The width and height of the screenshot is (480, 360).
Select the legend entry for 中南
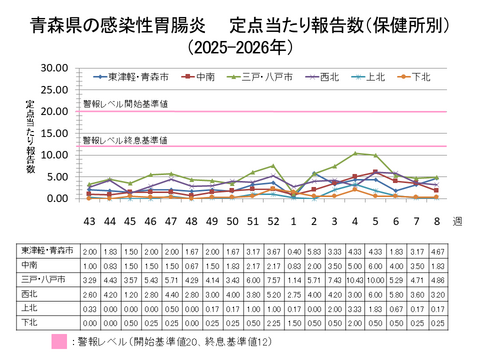click(204, 75)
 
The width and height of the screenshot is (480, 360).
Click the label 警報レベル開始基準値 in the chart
click(125, 103)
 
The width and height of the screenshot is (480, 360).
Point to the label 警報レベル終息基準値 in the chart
click(125, 140)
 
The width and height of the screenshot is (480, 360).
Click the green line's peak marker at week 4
click(355, 153)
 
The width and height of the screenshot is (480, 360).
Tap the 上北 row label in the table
click(30, 310)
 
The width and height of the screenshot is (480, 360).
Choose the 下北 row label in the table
click(30, 324)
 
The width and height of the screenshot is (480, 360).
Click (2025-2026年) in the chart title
click(240, 46)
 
